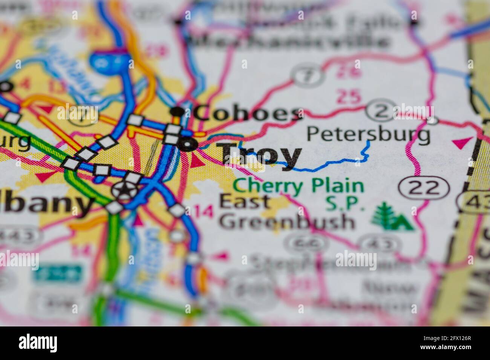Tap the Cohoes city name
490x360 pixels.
(249, 113)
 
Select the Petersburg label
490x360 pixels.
(368, 134)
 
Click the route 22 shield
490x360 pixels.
(424, 187)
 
